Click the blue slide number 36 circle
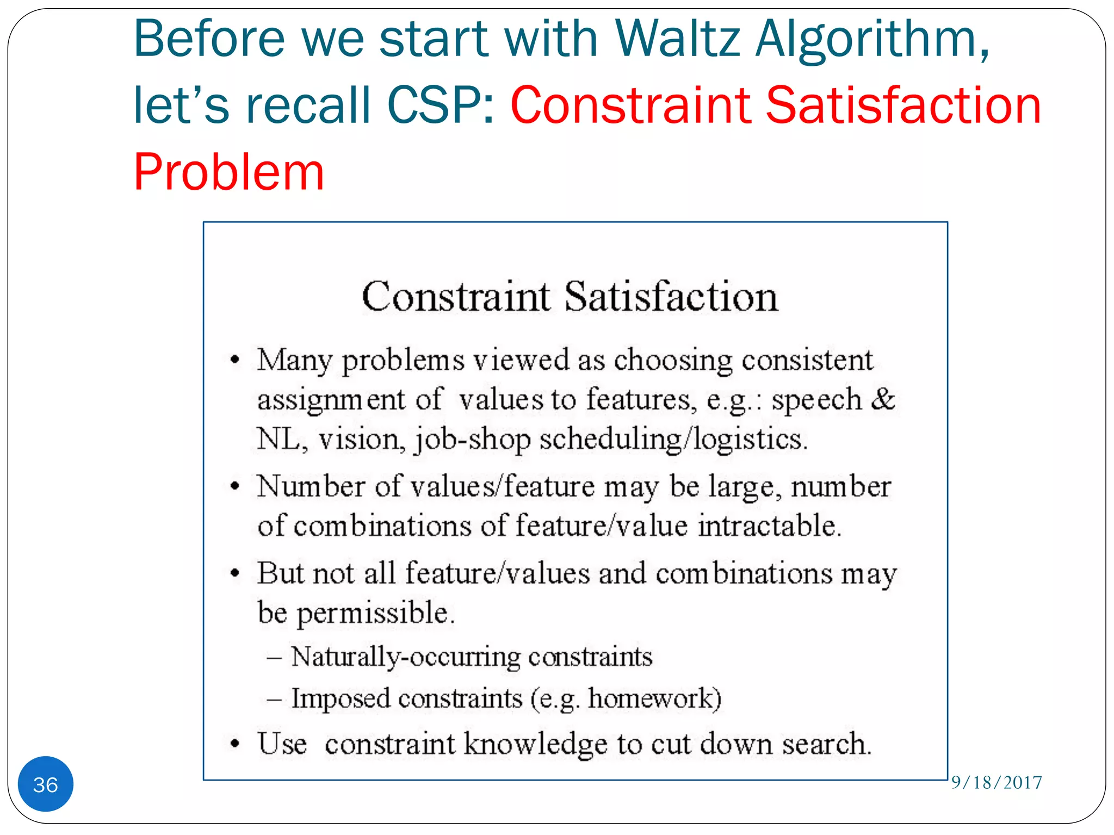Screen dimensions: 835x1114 (46, 784)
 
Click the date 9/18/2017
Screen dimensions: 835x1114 (996, 782)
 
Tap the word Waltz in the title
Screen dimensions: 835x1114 (678, 39)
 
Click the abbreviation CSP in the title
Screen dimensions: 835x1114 (441, 105)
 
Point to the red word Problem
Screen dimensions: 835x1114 (228, 172)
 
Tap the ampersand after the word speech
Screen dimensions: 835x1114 (883, 399)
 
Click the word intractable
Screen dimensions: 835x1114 (769, 526)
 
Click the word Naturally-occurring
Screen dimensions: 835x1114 (405, 657)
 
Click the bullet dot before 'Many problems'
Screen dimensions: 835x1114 (235, 360)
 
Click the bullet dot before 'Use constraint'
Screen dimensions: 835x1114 (235, 744)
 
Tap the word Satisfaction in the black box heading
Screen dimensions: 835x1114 (671, 297)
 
